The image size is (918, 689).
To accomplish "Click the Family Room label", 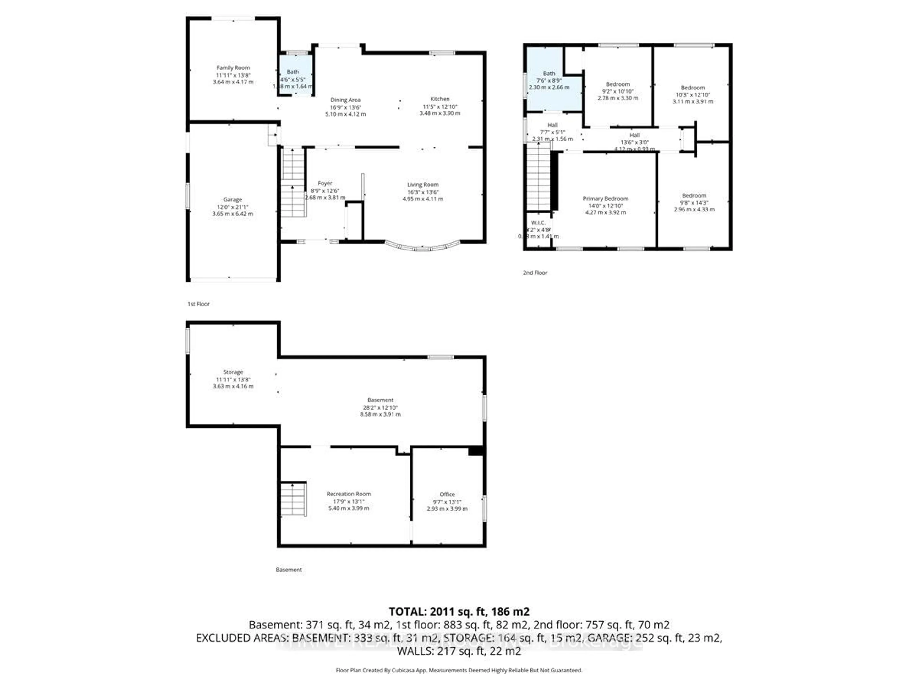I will (233, 68).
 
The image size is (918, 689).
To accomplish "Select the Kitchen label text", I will (439, 99).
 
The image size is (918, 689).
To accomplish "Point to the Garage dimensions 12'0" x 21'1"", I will (232, 207).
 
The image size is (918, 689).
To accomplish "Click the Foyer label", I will (325, 183).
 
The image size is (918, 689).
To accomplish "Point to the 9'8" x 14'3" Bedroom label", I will (694, 203).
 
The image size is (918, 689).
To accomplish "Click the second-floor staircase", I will (538, 177).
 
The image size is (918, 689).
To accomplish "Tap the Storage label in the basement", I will (233, 372).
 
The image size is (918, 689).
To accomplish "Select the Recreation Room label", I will (349, 494).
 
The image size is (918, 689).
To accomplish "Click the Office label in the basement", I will (447, 494).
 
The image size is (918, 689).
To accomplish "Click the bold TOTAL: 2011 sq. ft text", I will (459, 611).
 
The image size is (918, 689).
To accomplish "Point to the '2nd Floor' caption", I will (535, 273).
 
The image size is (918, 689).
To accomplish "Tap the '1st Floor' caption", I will (198, 304).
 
